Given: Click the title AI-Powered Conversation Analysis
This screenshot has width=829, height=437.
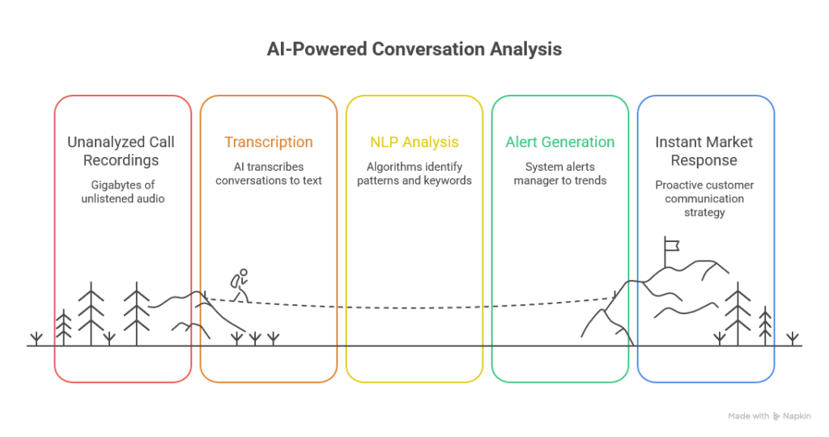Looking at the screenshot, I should pyautogui.click(x=414, y=49).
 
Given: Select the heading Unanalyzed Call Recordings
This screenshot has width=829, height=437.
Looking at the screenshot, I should pyautogui.click(x=121, y=151).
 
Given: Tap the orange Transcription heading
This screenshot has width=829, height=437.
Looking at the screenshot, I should pyautogui.click(x=268, y=142).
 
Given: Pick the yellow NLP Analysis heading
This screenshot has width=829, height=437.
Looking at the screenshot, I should pyautogui.click(x=414, y=142).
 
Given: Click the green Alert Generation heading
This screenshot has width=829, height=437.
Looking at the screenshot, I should pyautogui.click(x=559, y=142).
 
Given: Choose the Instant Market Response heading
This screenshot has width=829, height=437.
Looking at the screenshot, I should pyautogui.click(x=704, y=151).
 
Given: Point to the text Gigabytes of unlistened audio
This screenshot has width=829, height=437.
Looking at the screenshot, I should pyautogui.click(x=122, y=192).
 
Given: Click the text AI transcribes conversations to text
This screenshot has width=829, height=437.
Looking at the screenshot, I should pyautogui.click(x=269, y=173).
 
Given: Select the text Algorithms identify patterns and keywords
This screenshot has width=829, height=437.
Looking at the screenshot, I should pyautogui.click(x=414, y=173).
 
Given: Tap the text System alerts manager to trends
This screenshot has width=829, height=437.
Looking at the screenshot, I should pyautogui.click(x=559, y=173).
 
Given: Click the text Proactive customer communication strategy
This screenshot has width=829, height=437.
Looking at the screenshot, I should pyautogui.click(x=704, y=198).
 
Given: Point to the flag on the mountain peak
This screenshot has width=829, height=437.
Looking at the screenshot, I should pyautogui.click(x=671, y=244).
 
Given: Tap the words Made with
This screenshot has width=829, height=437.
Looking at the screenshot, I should pyautogui.click(x=748, y=416).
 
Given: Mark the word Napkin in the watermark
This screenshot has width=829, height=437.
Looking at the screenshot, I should pyautogui.click(x=797, y=416).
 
